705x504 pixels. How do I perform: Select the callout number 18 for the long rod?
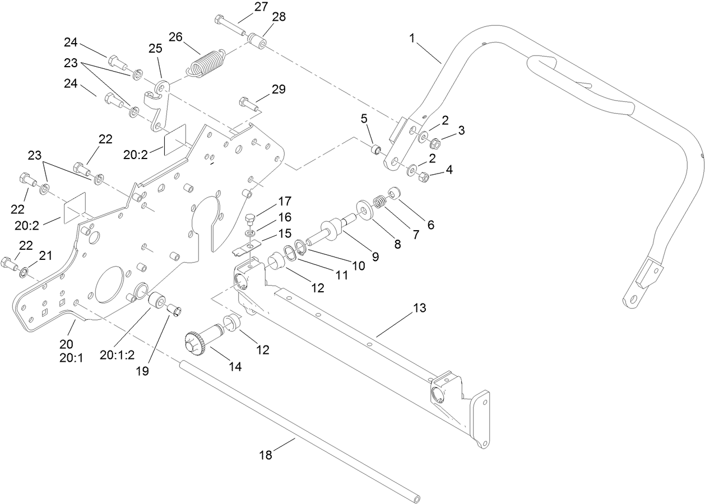[266, 455]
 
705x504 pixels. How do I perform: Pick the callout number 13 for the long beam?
[419, 308]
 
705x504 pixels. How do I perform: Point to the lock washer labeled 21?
[24, 273]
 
